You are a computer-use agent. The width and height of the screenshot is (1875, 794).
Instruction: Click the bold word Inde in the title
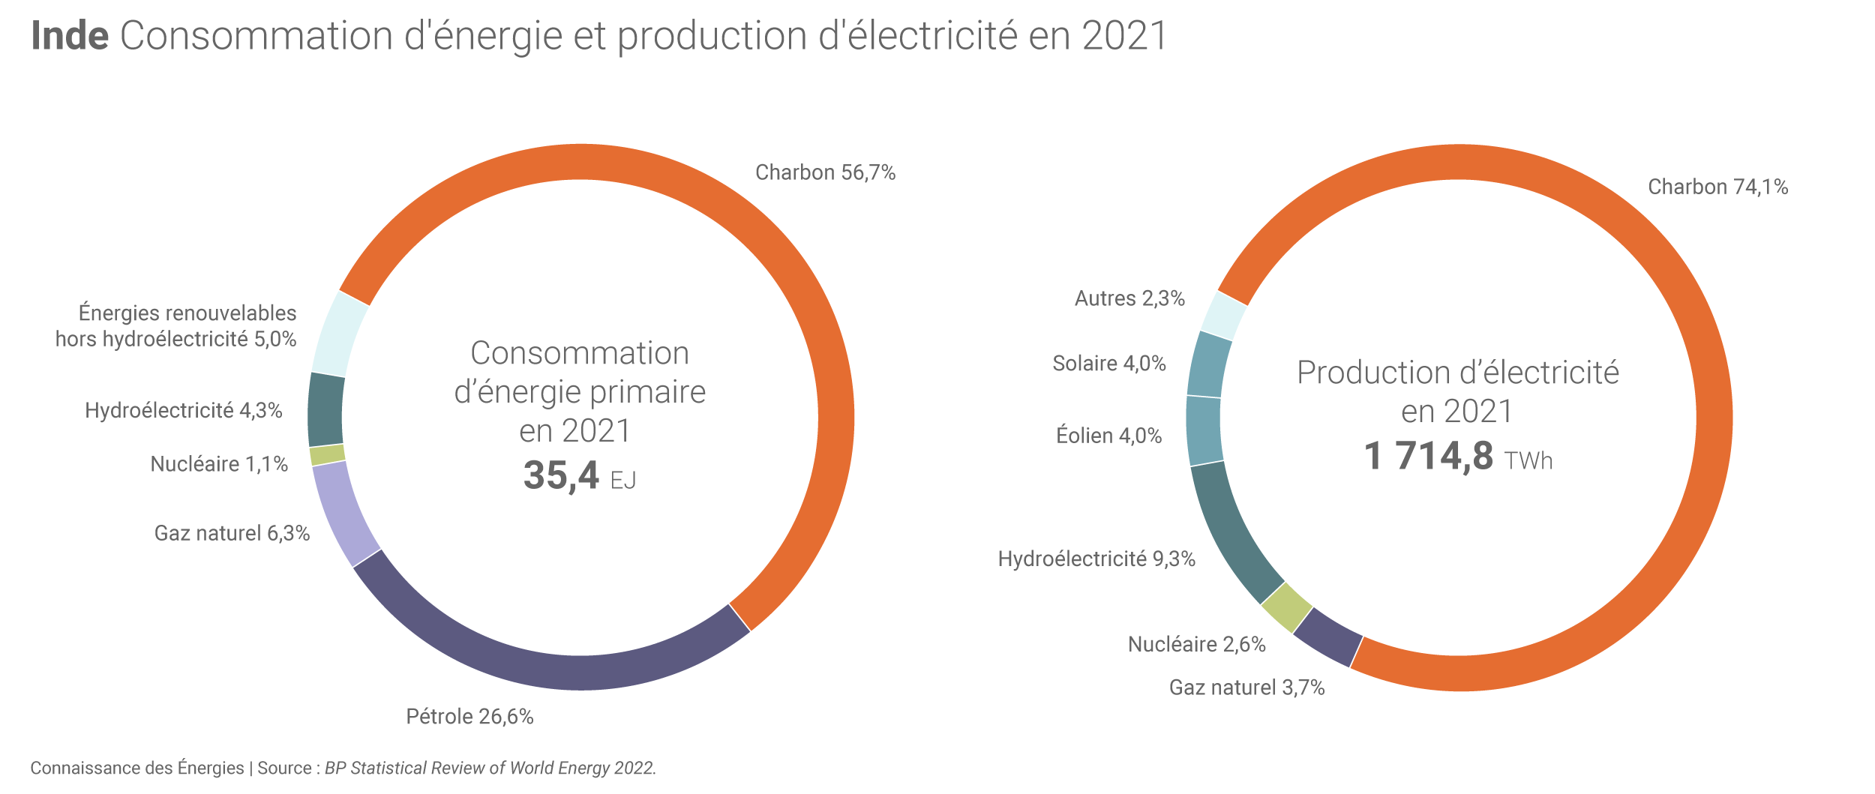(70, 36)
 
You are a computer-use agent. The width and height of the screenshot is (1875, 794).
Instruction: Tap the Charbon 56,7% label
(825, 172)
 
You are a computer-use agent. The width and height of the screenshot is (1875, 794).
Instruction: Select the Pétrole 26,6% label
(469, 717)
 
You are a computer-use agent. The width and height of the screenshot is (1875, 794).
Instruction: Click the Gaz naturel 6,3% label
(232, 533)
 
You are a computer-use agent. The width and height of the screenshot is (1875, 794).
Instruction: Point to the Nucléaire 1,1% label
(219, 464)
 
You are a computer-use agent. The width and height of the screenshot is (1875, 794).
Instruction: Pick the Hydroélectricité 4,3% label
(183, 410)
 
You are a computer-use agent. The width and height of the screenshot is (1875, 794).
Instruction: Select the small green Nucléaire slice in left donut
(328, 454)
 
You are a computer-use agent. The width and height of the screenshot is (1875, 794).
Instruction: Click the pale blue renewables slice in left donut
(339, 334)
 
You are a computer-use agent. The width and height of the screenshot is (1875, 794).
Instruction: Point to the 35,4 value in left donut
(561, 475)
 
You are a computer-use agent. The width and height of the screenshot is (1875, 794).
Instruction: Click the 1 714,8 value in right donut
(1428, 456)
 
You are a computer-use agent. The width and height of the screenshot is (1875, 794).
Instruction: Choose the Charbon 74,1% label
(1717, 187)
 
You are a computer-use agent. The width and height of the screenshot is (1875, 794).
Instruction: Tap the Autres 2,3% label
(1129, 298)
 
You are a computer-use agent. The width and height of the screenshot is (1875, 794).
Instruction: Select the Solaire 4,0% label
(1108, 364)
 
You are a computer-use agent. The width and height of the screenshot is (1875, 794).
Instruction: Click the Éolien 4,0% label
(1108, 436)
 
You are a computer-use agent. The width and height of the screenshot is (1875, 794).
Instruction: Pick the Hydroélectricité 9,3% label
(1096, 559)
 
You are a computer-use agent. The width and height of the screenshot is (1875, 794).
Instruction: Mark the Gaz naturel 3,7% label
(1246, 688)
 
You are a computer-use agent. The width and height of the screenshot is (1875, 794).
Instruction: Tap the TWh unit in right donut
(1528, 460)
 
